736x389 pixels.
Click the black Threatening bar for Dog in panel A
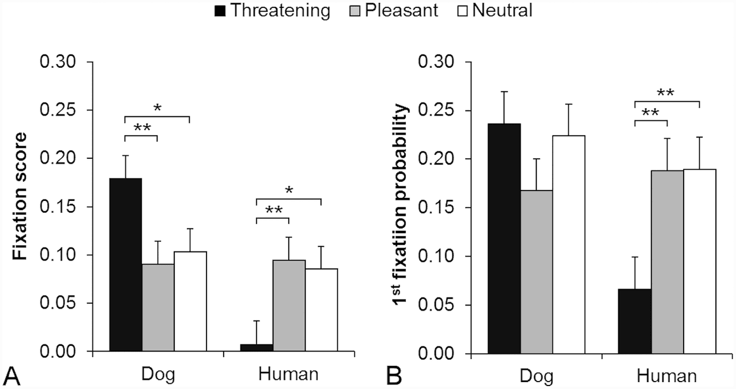(x=125, y=265)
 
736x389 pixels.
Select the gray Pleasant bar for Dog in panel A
(x=158, y=308)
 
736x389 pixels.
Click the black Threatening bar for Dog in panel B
(x=504, y=238)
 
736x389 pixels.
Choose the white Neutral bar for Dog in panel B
(x=569, y=245)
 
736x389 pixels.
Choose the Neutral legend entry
(x=496, y=10)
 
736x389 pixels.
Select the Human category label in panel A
(x=289, y=375)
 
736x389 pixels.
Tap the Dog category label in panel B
(x=536, y=376)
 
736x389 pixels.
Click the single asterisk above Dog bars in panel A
(x=157, y=107)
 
